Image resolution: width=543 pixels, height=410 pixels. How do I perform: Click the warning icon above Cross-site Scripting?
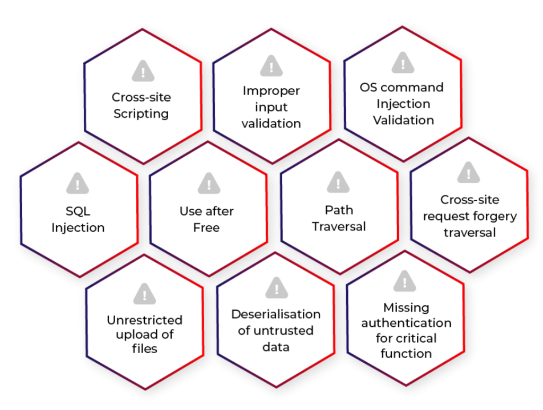[x=143, y=71]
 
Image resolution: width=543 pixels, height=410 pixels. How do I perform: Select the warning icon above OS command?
[x=403, y=63]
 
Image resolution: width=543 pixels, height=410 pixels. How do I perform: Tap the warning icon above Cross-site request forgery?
[x=469, y=172]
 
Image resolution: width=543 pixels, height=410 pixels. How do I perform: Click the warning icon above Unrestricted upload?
[x=144, y=294]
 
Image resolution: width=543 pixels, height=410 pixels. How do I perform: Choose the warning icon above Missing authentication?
[x=405, y=281]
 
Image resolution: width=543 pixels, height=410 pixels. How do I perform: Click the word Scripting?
[x=141, y=114]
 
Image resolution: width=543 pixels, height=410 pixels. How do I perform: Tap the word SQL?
[x=78, y=211]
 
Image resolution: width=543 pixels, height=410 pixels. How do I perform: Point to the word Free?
[x=206, y=227]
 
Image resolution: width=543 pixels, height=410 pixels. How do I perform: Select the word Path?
[x=339, y=210]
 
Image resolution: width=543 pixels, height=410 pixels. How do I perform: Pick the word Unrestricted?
[x=145, y=320]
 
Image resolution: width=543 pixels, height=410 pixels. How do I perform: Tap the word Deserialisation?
[x=276, y=314]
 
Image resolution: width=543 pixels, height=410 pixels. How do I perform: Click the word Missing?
[x=406, y=308]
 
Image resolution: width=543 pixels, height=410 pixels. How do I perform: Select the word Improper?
[x=271, y=91]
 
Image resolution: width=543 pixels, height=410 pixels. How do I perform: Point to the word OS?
[x=368, y=88]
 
